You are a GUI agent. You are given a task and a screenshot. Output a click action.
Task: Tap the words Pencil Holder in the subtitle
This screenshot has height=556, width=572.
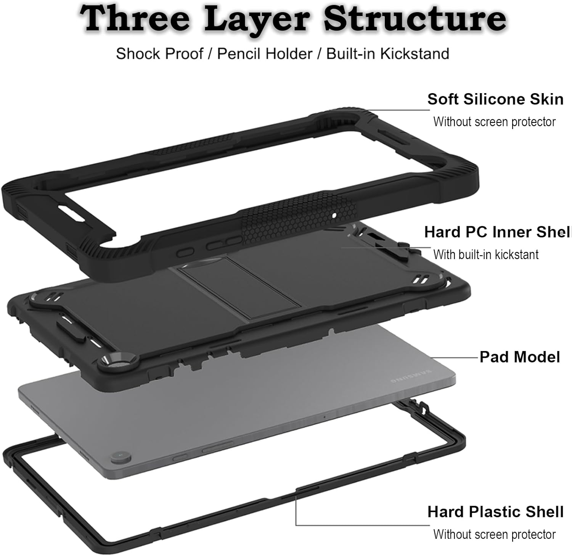pyautogui.click(x=265, y=54)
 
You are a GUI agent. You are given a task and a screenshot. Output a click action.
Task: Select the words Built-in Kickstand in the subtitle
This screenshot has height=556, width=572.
pyautogui.click(x=387, y=54)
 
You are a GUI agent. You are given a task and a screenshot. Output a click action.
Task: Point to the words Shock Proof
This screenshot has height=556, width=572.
pyautogui.click(x=159, y=54)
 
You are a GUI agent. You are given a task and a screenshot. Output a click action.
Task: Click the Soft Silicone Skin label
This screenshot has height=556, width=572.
pyautogui.click(x=495, y=99)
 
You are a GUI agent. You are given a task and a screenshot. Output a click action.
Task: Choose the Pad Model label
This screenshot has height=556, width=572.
pyautogui.click(x=519, y=357)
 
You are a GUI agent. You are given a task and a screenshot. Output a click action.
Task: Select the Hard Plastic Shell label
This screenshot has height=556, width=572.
pyautogui.click(x=495, y=512)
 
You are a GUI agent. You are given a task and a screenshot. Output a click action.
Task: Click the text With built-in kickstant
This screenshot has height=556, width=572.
pyautogui.click(x=486, y=255)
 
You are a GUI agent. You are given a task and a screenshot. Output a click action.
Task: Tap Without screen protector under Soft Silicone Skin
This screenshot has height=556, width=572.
pyautogui.click(x=494, y=122)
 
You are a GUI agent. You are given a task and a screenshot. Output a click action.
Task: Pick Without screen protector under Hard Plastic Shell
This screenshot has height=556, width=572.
pyautogui.click(x=494, y=534)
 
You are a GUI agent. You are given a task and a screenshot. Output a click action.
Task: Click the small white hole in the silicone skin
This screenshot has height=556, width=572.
pyautogui.click(x=334, y=216)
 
